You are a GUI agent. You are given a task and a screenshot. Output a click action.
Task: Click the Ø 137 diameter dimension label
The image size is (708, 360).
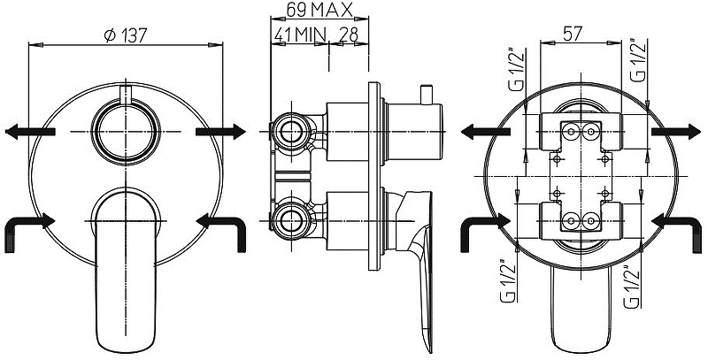(126, 34)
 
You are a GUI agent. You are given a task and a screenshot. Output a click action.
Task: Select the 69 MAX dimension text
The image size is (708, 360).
(319, 10)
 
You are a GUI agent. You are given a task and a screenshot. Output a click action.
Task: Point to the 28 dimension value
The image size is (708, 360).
(348, 34)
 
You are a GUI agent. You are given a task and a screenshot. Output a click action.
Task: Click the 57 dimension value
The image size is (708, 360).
(573, 34)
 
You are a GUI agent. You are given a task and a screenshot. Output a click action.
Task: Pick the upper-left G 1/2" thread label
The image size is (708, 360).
(518, 68)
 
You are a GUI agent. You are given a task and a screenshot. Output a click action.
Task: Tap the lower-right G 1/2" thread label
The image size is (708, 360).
(632, 287)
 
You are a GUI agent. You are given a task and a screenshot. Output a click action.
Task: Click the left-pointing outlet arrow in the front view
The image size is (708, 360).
(30, 131)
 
